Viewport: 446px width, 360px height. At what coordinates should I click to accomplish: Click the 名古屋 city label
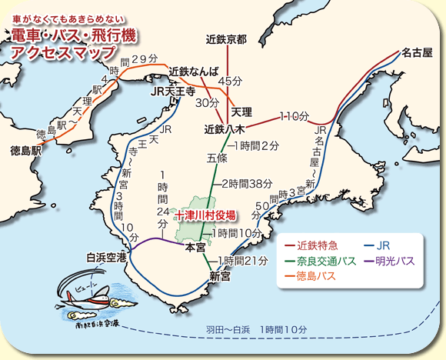click(x=417, y=52)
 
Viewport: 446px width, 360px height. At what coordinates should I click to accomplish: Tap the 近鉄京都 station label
click(x=227, y=38)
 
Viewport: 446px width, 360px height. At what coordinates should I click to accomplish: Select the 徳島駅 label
click(x=25, y=150)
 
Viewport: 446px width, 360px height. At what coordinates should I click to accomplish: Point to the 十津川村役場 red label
click(x=205, y=215)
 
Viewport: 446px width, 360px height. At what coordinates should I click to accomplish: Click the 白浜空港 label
click(x=106, y=256)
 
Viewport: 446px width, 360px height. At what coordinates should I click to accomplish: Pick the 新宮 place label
click(x=220, y=275)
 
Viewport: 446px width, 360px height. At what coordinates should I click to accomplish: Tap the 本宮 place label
click(x=196, y=248)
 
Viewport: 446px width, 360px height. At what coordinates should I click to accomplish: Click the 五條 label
click(x=217, y=158)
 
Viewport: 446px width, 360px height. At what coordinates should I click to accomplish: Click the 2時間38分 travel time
click(x=248, y=183)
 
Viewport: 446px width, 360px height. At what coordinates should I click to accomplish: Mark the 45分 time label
click(x=230, y=81)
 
